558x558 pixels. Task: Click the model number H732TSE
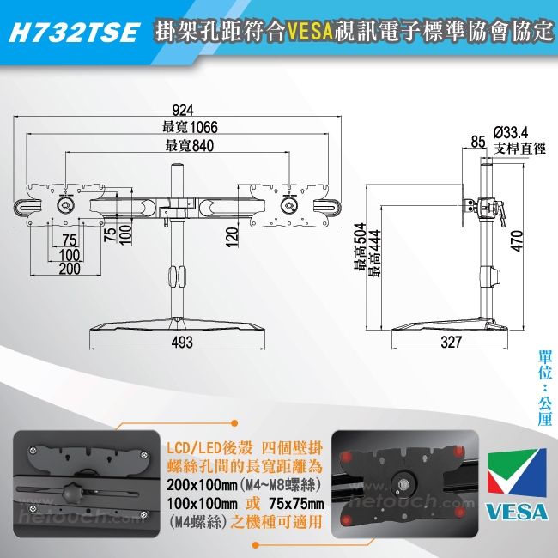click(x=74, y=33)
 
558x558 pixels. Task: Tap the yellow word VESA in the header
click(x=311, y=31)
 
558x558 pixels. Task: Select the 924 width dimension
click(x=183, y=110)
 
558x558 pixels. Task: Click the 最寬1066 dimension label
click(x=190, y=127)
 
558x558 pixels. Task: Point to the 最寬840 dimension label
click(x=190, y=146)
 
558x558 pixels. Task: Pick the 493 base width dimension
click(x=182, y=342)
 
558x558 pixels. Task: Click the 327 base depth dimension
click(x=451, y=342)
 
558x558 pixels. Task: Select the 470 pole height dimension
click(x=517, y=241)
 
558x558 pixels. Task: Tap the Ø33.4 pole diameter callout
click(x=511, y=132)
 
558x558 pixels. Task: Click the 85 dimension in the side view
click(x=478, y=142)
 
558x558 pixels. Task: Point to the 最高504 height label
click(x=360, y=247)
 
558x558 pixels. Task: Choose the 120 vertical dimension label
click(x=232, y=237)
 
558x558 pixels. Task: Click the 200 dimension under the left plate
click(x=70, y=269)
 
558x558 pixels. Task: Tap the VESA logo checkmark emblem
click(x=517, y=473)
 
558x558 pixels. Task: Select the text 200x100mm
click(x=202, y=485)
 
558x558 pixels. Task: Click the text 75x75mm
click(x=296, y=504)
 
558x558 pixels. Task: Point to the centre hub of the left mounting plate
click(x=65, y=205)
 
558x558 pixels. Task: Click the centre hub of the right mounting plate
click(x=288, y=205)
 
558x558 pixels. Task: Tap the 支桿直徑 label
click(x=519, y=149)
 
